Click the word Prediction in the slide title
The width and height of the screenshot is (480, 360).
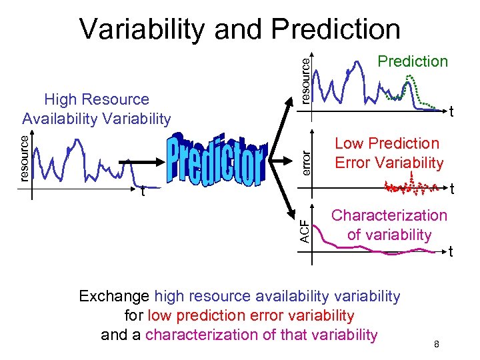click(x=335, y=29)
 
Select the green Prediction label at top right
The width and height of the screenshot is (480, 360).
click(x=413, y=61)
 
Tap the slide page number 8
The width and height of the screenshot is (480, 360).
click(x=436, y=344)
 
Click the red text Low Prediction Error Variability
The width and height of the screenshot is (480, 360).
click(x=389, y=153)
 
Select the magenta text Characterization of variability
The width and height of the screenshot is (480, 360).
click(x=389, y=225)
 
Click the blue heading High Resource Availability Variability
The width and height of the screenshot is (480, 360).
click(x=97, y=109)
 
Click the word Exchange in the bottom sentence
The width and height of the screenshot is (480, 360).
click(x=114, y=296)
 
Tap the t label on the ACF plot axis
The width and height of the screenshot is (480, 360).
click(x=451, y=252)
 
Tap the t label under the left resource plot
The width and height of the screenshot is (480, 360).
click(x=142, y=191)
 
